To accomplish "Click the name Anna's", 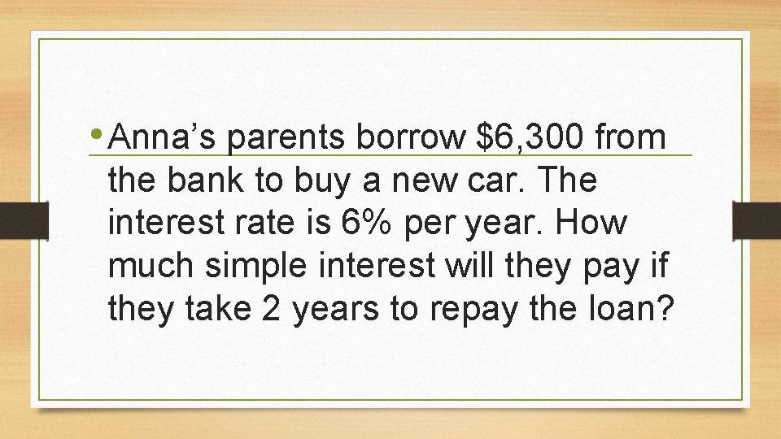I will pos(166,138).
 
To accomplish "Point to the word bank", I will pos(207,181).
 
